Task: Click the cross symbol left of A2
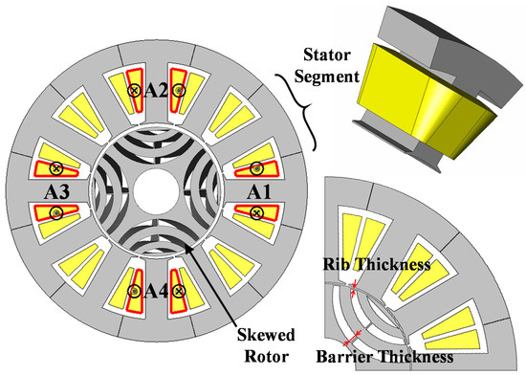click(135, 90)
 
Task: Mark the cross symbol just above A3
click(55, 169)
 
